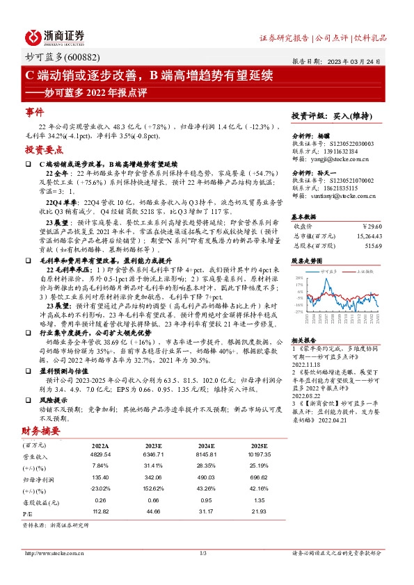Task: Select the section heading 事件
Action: click(35, 111)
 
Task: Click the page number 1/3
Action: click(204, 553)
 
